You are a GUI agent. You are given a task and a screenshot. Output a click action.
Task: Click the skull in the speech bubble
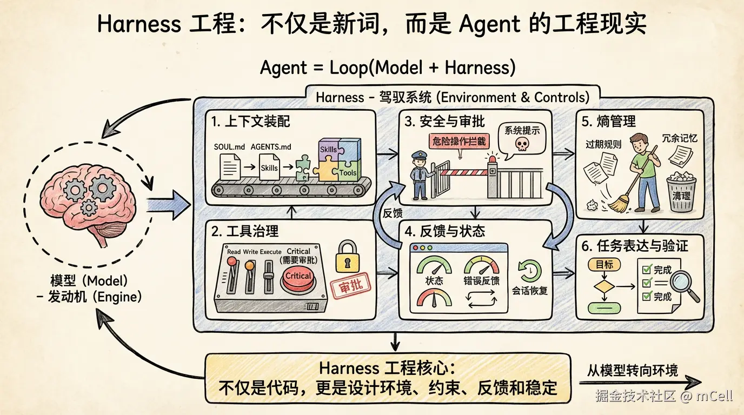[521, 144]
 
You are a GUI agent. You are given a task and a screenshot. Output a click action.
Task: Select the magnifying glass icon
[685, 283]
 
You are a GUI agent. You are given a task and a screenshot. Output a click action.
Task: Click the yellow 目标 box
[604, 265]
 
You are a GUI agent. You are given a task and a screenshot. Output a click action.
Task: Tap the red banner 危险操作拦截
[457, 142]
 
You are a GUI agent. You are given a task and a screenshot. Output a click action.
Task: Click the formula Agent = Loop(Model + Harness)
[388, 68]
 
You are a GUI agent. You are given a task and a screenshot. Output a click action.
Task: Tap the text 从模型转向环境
[633, 370]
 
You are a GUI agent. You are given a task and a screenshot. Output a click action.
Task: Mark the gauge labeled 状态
[434, 266]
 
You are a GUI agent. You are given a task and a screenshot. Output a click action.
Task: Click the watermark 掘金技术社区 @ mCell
[664, 396]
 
